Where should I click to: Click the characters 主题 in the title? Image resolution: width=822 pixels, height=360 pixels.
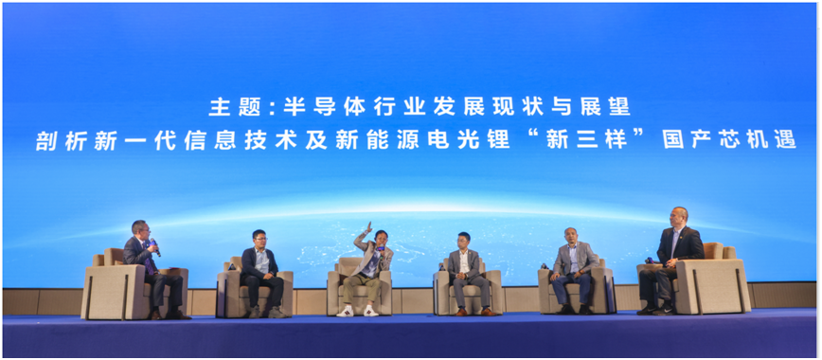click(x=236, y=108)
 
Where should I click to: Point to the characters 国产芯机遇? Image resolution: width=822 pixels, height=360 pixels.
click(x=729, y=140)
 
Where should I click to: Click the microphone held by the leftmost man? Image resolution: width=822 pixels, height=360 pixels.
click(x=155, y=246)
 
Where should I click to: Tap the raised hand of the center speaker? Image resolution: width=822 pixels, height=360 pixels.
click(x=369, y=227)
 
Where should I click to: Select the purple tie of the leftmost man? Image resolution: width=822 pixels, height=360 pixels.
click(x=148, y=260)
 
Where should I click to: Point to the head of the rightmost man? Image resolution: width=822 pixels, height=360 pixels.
click(x=679, y=217)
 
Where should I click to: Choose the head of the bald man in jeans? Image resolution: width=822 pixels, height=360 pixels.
click(x=571, y=237)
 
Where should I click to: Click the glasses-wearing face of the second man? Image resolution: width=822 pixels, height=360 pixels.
click(x=259, y=240)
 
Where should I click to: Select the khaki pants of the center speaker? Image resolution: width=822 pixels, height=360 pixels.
click(x=361, y=289)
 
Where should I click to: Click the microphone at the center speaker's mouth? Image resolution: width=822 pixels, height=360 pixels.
click(x=382, y=247)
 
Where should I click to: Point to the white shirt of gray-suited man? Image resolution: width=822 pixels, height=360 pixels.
click(x=464, y=261)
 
